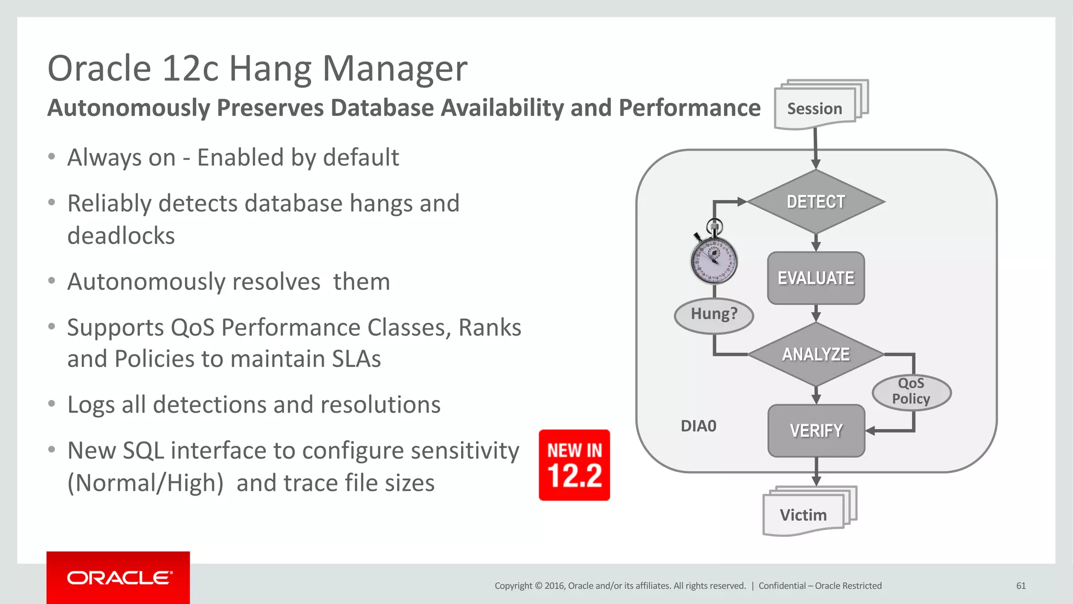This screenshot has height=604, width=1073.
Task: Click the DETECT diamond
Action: coord(816,201)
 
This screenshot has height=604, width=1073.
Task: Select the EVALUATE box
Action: coord(816,278)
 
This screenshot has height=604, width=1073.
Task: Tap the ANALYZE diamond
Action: coord(816,354)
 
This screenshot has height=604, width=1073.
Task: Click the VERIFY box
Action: coord(816,430)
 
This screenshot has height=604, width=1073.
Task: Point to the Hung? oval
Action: coord(714,315)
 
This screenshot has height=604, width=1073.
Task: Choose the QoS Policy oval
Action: coord(911,392)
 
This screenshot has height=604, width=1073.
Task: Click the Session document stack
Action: coord(815,108)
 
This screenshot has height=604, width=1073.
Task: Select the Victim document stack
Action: coord(804,514)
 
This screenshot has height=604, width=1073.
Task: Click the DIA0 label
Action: coord(698,426)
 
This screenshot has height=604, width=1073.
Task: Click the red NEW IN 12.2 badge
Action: coord(574,465)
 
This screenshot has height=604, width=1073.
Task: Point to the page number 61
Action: coord(1021,586)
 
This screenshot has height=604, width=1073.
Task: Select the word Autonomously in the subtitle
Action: coord(128,108)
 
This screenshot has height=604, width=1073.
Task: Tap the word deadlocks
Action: coord(121,236)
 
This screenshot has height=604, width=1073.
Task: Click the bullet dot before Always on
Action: coord(51,157)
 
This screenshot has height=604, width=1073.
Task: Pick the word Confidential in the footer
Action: coord(782,586)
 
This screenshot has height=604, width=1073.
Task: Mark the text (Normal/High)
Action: coord(146,483)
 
